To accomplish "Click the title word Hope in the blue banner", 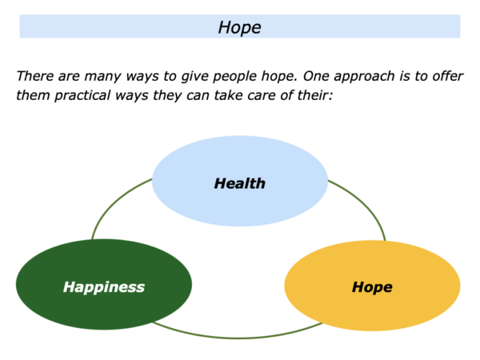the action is [239, 28].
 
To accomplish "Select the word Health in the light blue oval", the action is [240, 183].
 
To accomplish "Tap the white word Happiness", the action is [104, 287].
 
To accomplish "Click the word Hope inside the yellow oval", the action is [372, 287].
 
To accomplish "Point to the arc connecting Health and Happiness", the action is [114, 202].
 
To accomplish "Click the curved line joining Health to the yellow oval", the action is [364, 203].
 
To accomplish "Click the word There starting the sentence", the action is [35, 76].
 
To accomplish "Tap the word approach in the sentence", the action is [364, 77].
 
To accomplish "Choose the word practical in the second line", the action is [82, 96].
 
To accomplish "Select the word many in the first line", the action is [102, 77].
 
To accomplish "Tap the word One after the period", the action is [316, 76].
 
